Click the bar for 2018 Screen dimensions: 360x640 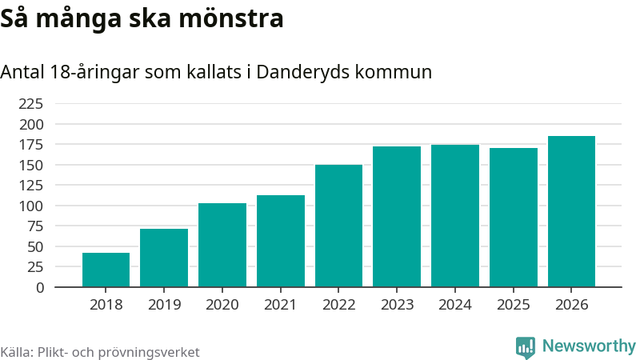[106, 270]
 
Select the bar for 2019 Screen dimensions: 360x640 [164, 258]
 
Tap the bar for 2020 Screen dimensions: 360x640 [222, 245]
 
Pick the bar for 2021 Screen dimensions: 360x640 [281, 241]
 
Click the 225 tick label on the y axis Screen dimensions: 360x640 [31, 104]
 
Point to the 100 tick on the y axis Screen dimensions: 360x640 [31, 206]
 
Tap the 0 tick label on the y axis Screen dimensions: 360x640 [40, 287]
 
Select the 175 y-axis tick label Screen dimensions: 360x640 [31, 145]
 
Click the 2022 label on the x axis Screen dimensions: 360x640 [338, 305]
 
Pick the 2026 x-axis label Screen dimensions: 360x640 [571, 305]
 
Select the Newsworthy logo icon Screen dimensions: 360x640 [526, 347]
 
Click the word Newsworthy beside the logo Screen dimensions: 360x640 [589, 346]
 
